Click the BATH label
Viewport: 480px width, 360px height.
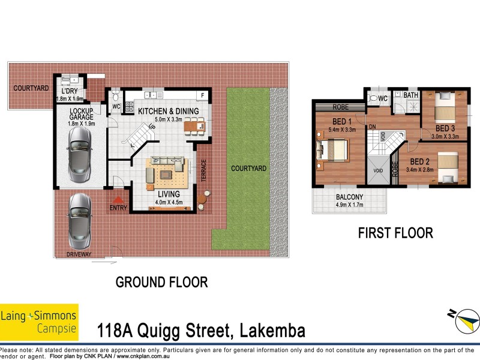411,95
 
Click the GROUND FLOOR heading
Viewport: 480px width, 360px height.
161,282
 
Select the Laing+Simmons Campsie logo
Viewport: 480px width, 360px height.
39,322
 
